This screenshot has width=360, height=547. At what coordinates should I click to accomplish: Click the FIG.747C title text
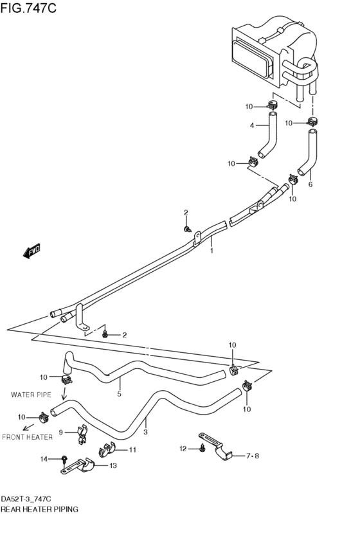click(x=28, y=7)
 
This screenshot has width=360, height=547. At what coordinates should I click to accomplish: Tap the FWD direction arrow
click(x=32, y=251)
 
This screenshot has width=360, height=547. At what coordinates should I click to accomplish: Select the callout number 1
click(x=212, y=251)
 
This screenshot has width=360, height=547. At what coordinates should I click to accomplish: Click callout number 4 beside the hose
click(x=252, y=125)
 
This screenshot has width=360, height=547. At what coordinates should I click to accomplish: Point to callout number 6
click(x=310, y=184)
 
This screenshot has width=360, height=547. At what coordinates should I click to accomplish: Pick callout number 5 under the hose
click(x=120, y=394)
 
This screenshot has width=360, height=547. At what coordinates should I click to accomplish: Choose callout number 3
click(x=145, y=432)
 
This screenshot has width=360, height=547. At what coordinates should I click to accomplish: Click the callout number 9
click(x=61, y=433)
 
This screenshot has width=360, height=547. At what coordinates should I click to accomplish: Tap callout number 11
click(x=132, y=450)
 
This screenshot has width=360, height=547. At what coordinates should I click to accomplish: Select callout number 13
click(x=113, y=465)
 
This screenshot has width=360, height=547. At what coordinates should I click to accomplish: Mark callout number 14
click(x=44, y=459)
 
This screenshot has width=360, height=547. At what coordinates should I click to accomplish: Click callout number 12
click(x=183, y=449)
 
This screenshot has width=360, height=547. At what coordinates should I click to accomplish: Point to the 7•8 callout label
click(x=253, y=456)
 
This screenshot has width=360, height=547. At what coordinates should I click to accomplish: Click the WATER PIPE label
click(x=31, y=395)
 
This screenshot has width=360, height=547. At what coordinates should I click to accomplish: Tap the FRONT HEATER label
click(x=27, y=437)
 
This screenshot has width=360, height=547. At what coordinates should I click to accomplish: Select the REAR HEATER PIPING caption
click(x=39, y=509)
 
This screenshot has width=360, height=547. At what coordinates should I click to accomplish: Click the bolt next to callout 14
click(x=64, y=460)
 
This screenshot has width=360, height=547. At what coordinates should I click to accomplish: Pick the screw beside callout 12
click(x=203, y=449)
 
